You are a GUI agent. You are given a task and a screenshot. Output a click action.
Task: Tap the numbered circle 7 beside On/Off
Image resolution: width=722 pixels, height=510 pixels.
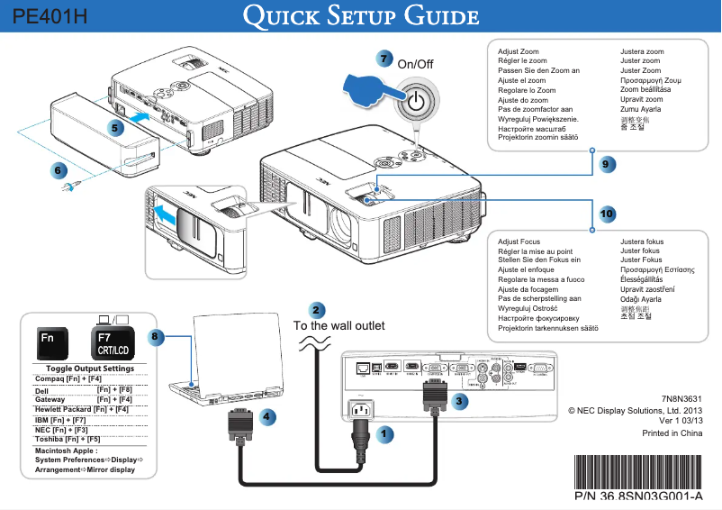(385, 59)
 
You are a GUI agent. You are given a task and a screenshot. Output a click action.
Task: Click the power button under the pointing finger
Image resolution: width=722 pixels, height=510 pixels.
(415, 101)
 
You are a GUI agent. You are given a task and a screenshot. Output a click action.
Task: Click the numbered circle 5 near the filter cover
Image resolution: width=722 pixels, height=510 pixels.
(116, 129)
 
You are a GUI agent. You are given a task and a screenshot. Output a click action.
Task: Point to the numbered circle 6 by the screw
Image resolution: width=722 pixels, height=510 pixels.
(58, 168)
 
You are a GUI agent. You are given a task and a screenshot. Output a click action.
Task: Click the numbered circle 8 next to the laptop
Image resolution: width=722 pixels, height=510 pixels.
(156, 336)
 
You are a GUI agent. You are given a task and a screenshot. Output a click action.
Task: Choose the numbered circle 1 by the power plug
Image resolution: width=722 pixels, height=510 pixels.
(384, 434)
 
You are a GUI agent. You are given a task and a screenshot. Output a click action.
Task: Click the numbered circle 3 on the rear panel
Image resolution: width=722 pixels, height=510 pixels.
(460, 400)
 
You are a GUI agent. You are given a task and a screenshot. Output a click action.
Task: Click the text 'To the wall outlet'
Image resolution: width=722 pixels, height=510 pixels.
(339, 325)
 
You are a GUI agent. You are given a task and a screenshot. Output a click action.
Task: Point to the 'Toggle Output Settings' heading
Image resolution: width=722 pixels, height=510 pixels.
(90, 369)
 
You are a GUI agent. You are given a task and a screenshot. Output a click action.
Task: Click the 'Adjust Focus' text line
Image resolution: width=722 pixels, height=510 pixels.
(519, 241)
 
